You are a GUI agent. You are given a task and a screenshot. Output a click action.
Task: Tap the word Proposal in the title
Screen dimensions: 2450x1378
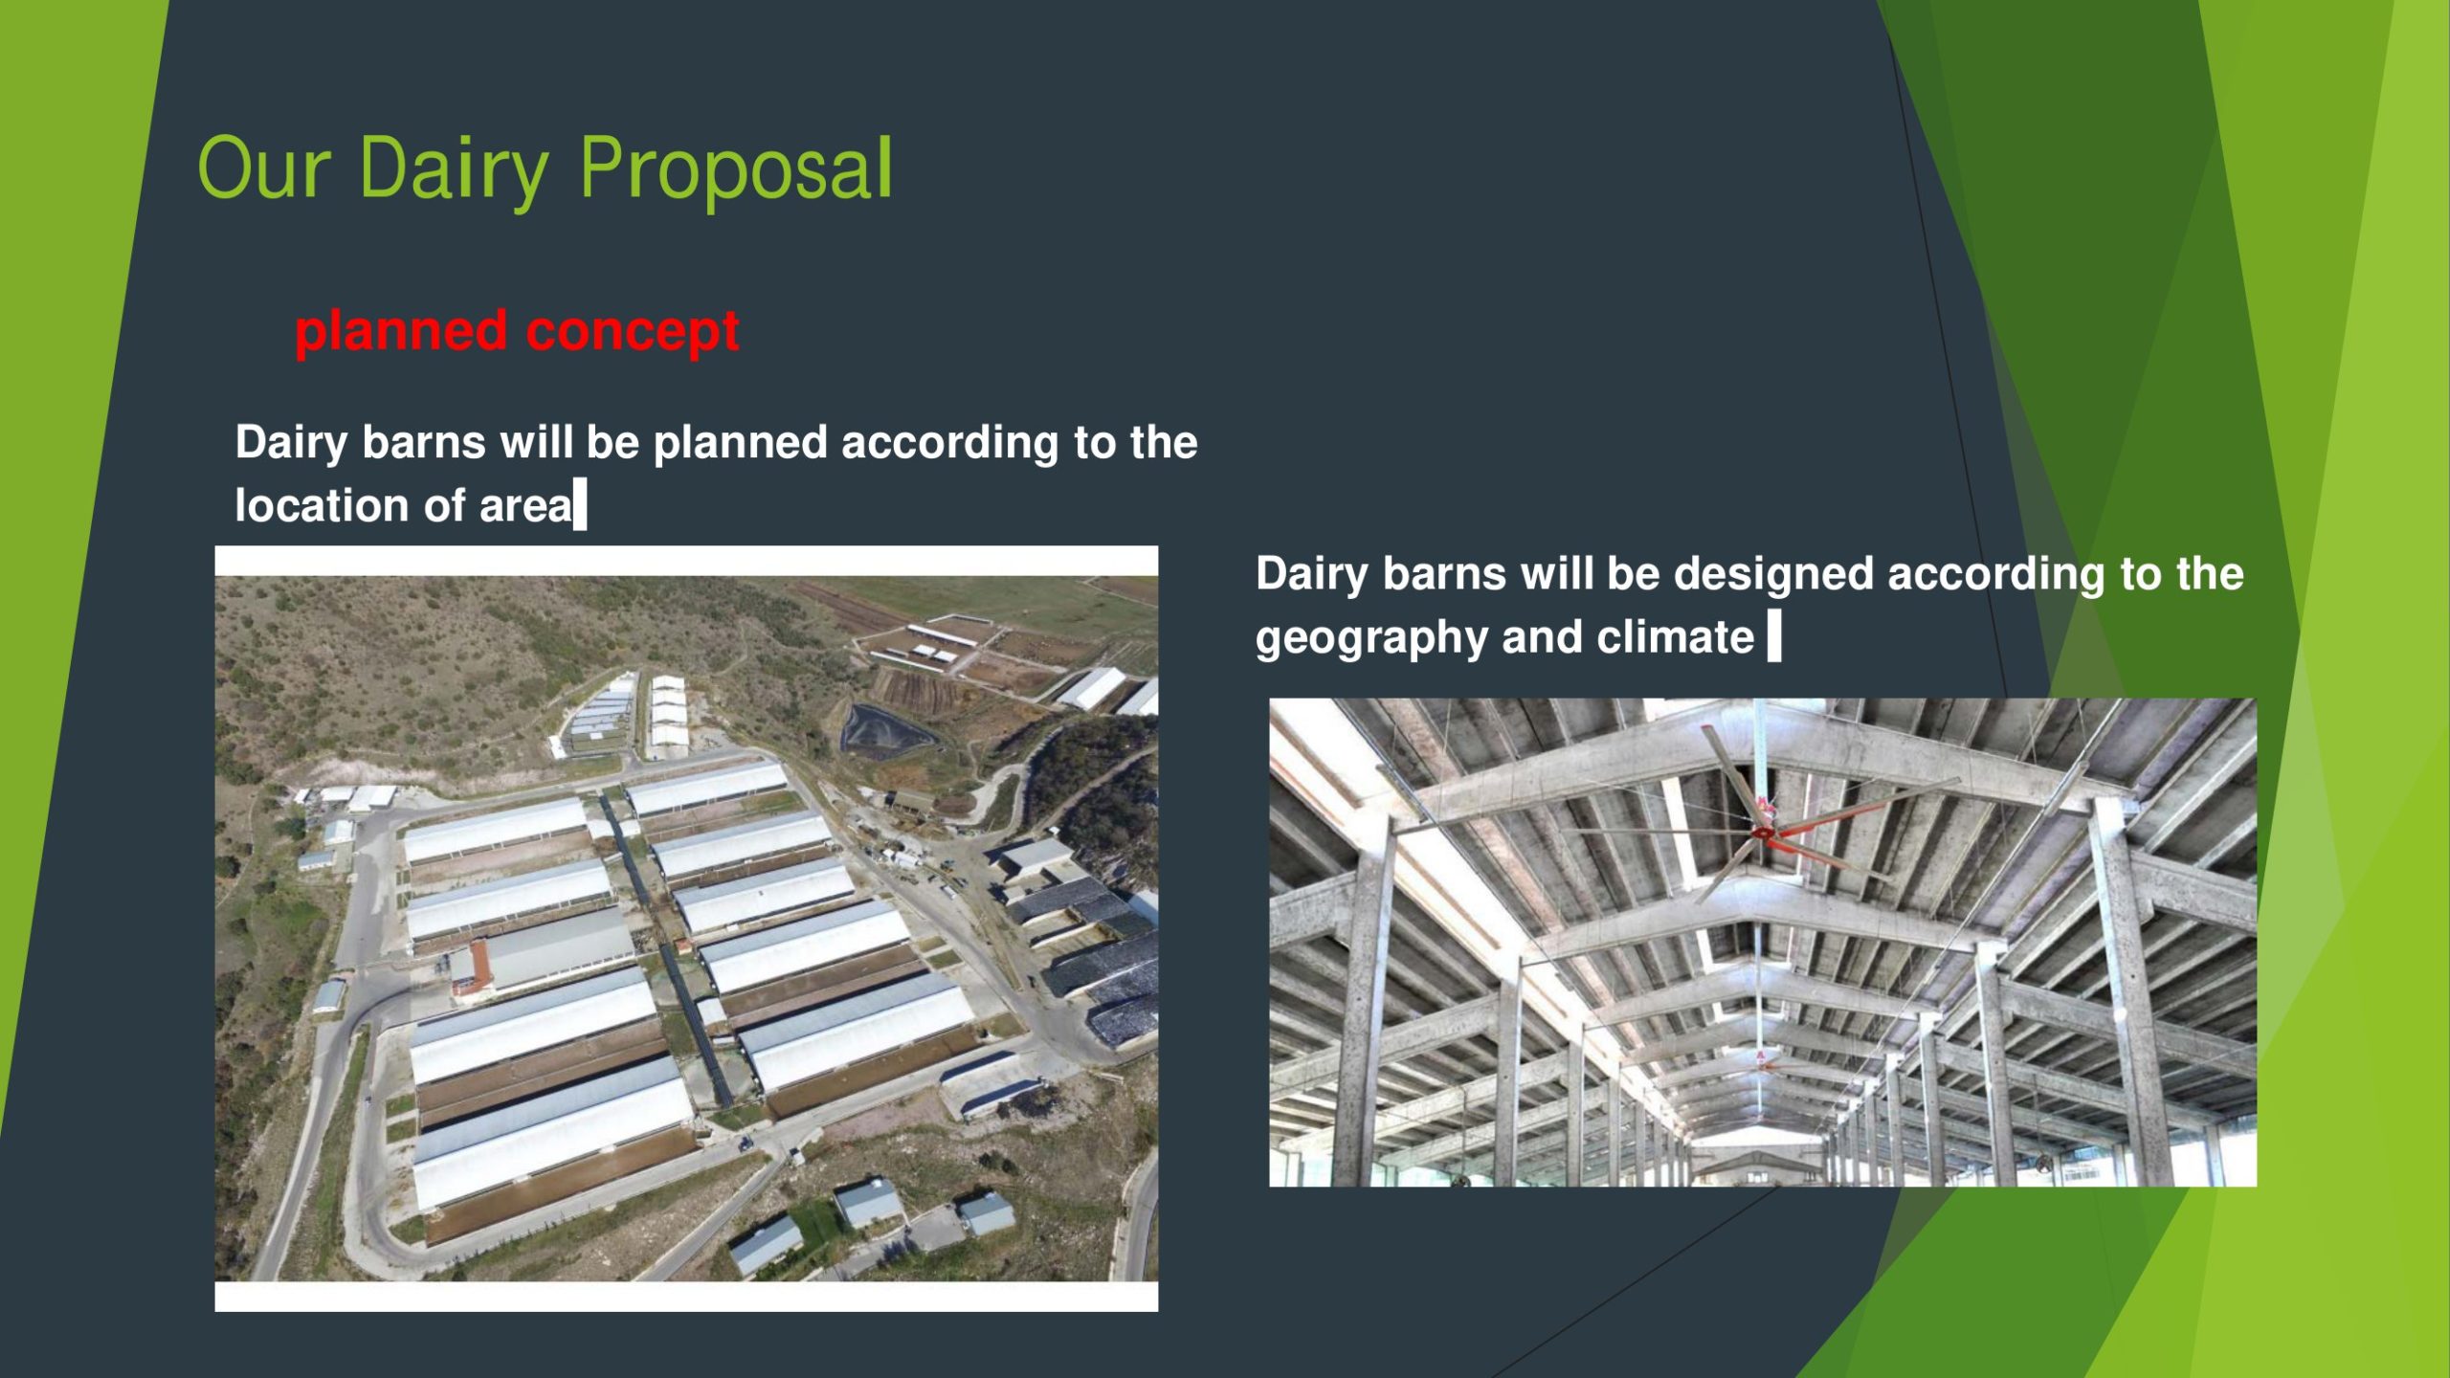pyautogui.click(x=736, y=169)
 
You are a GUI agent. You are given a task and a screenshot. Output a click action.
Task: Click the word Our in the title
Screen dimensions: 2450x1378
pyautogui.click(x=263, y=168)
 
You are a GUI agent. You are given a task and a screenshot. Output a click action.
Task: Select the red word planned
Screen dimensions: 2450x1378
pyautogui.click(x=401, y=332)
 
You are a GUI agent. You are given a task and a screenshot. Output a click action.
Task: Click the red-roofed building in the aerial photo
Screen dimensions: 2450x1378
pyautogui.click(x=470, y=967)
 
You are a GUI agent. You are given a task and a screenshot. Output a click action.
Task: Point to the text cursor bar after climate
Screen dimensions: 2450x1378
pyautogui.click(x=1773, y=636)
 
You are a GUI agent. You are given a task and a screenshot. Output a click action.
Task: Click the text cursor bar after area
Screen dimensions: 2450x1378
pyautogui.click(x=579, y=506)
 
